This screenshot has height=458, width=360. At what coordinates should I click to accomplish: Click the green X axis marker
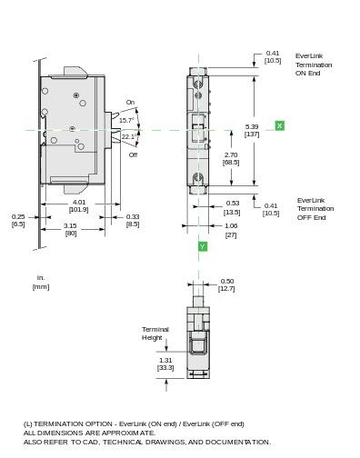[x=279, y=125]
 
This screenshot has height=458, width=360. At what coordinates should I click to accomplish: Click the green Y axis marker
[x=202, y=246]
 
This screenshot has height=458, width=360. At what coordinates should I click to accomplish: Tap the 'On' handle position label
[x=130, y=103]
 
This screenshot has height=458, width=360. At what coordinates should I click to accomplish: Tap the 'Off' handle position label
[x=133, y=154]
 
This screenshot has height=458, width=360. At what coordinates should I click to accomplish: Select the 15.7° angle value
[x=125, y=120]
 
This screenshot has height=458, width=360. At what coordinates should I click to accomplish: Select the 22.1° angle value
[x=128, y=137]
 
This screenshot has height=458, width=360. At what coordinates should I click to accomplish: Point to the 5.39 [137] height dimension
[x=252, y=130]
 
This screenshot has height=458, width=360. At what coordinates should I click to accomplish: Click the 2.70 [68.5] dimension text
[x=231, y=158]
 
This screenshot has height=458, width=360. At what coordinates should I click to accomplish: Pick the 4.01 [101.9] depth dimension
[x=79, y=205]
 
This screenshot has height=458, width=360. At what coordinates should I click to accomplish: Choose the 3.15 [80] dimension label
[x=70, y=229]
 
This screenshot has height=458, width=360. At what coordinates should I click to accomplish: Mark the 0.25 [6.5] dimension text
[x=18, y=220]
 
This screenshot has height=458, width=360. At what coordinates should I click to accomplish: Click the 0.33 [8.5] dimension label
[x=133, y=220]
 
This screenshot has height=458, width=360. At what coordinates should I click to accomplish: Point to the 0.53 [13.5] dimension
[x=233, y=207]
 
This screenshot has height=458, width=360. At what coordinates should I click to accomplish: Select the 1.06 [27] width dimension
[x=231, y=230]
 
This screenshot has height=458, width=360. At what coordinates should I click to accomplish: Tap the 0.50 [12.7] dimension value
[x=226, y=284]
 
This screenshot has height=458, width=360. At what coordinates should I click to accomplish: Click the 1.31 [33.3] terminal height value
[x=165, y=363]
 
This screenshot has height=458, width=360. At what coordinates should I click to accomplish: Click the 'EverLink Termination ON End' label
[x=314, y=65]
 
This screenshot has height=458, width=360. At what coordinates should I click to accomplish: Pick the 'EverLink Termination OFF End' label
[x=315, y=209]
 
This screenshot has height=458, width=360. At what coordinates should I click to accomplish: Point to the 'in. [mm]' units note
[x=41, y=282]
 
